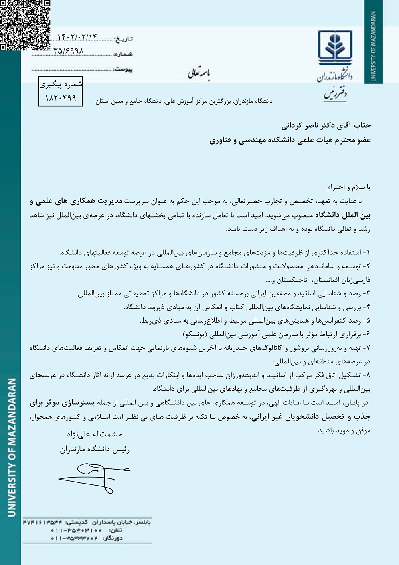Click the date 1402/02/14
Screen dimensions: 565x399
[77, 37]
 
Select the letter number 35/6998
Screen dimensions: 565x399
[68, 51]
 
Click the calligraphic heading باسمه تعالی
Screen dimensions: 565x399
[199, 73]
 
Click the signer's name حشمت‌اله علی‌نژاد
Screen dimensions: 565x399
[95, 434]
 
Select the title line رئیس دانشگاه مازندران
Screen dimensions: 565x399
[95, 450]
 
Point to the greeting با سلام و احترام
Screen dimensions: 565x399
[349, 187]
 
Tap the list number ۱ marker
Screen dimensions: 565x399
[367, 253]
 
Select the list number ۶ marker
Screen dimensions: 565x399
[367, 334]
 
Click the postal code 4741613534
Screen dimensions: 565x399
[42, 522]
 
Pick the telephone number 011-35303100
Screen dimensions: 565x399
[76, 530]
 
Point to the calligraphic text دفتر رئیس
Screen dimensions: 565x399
[335, 94]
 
